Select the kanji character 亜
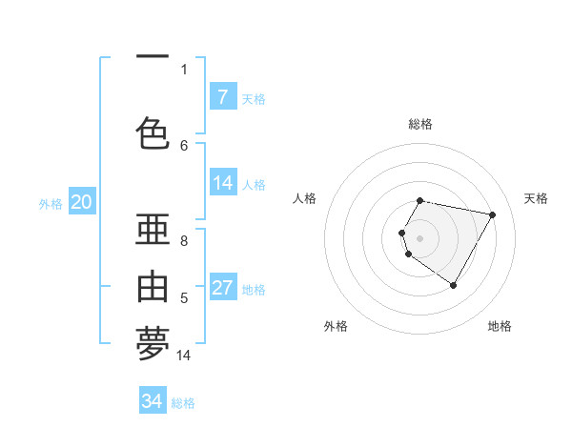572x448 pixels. click(153, 231)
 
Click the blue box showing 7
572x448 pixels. click(223, 97)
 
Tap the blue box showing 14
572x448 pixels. click(223, 183)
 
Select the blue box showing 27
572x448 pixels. click(223, 288)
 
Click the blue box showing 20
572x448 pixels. click(82, 202)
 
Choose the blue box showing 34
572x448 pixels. click(153, 401)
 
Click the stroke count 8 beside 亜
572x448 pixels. click(184, 242)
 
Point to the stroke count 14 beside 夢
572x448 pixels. click(184, 356)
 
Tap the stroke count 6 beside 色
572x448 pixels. click(184, 145)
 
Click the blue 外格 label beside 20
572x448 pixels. click(51, 203)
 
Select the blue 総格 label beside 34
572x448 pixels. click(183, 403)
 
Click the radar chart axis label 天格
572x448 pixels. click(536, 198)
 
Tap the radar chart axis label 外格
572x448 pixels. click(336, 326)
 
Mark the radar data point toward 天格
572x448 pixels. click(492, 214)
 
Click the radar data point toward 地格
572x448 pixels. click(453, 285)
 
